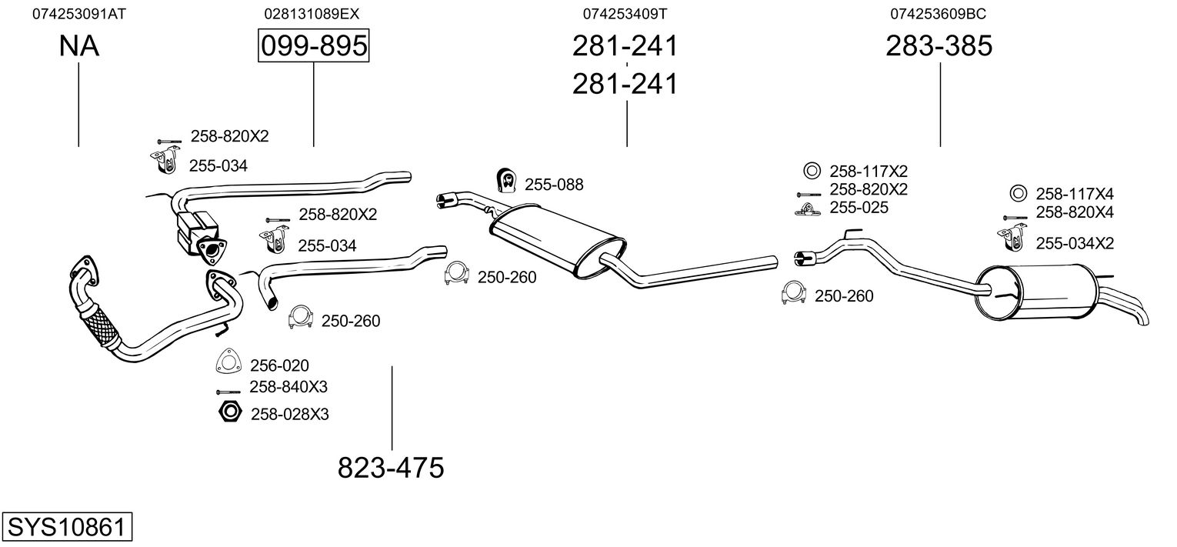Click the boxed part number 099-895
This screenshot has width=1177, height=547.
[313, 47]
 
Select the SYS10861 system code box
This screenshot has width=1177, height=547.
[66, 528]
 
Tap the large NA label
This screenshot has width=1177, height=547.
[78, 47]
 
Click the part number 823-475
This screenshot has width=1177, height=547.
[391, 467]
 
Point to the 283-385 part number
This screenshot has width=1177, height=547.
[939, 47]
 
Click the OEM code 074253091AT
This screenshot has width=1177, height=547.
[78, 14]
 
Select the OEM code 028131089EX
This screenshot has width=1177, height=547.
[312, 14]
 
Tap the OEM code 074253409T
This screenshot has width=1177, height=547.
[625, 14]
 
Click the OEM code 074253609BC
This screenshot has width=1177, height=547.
[939, 14]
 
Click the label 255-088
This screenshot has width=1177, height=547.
[554, 185]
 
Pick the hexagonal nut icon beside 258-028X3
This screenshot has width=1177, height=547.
[230, 412]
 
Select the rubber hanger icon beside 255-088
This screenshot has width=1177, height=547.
[505, 180]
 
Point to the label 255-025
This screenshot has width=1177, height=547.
[859, 208]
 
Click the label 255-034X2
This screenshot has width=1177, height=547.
[1075, 244]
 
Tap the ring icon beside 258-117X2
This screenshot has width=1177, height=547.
[810, 171]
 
